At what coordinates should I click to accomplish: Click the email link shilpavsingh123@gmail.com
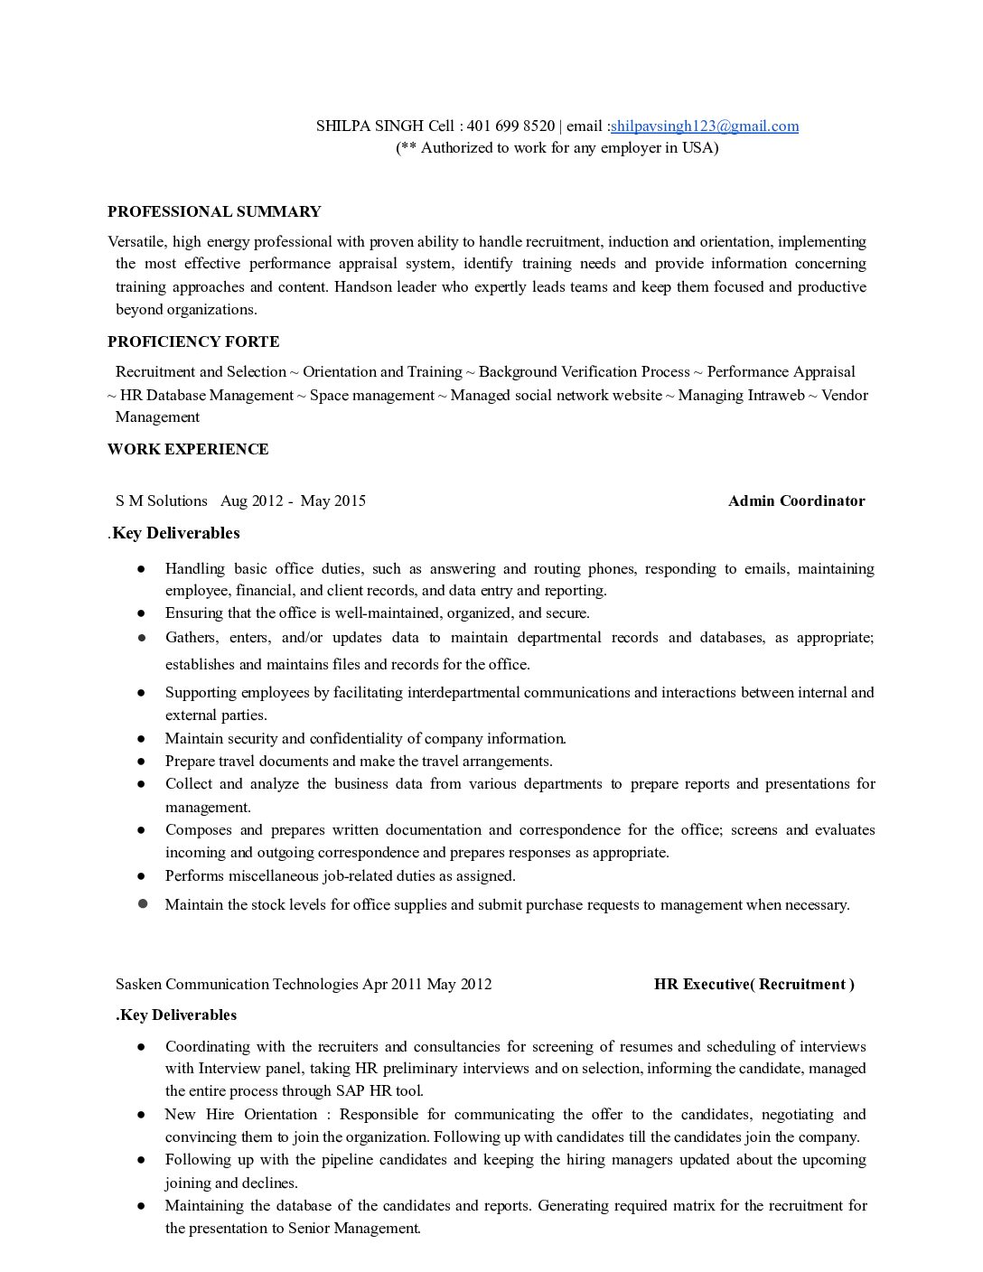705,126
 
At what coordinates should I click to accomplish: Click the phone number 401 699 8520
510,126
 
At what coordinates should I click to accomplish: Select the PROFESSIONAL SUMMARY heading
214,212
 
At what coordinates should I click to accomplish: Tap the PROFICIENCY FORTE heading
193,341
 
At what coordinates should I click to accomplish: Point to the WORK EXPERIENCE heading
188,450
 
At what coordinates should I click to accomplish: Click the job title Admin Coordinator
796,501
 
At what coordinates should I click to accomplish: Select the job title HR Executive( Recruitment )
754,985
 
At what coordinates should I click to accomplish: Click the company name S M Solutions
162,501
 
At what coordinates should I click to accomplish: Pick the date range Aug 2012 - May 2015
293,501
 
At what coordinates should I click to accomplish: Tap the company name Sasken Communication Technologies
238,985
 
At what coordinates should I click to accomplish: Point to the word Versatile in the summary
136,242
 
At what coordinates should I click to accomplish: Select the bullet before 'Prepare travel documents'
142,762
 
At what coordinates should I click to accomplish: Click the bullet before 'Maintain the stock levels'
142,903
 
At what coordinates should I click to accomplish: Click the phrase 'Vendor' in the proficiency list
845,396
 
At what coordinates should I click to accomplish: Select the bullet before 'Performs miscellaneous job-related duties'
142,876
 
